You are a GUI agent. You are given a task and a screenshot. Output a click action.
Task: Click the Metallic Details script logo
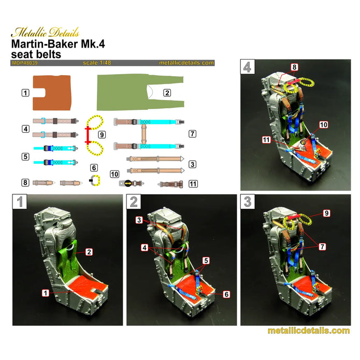tap(43, 32)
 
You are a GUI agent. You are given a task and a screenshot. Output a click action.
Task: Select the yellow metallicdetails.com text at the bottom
tap(308, 331)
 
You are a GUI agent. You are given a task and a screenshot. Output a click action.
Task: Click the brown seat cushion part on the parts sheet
tap(51, 92)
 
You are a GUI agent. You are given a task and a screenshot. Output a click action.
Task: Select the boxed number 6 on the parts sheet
tap(93, 168)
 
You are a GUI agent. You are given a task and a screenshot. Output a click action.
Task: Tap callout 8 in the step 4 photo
tap(294, 67)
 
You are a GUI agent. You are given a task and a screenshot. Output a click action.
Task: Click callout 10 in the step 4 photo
tap(323, 125)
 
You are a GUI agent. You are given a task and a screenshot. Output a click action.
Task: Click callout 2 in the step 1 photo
tap(89, 251)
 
